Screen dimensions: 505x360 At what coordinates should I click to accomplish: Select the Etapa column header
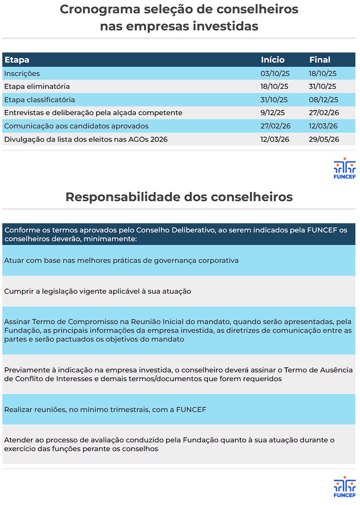point(17,60)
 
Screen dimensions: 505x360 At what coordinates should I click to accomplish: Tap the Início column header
point(273,60)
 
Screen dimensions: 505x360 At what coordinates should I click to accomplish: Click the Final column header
point(319,60)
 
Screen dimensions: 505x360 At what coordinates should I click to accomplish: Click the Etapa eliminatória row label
point(37,87)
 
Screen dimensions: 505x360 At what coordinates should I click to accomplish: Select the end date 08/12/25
point(324,100)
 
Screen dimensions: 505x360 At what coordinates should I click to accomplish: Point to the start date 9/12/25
point(273,113)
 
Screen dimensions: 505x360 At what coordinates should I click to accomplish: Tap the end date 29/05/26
point(324,139)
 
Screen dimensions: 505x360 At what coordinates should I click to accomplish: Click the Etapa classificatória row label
point(40,100)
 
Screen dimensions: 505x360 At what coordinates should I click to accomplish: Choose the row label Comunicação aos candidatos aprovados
point(76,126)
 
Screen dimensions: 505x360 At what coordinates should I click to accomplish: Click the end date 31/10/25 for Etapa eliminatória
point(323,87)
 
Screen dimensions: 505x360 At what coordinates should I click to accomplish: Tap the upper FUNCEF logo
point(344,168)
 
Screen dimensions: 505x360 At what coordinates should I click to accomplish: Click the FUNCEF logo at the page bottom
point(344,488)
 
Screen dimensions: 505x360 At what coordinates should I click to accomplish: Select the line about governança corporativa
point(121,261)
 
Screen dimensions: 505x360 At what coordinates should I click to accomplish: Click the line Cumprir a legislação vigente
point(98,291)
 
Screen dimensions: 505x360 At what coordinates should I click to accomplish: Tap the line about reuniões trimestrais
point(105,409)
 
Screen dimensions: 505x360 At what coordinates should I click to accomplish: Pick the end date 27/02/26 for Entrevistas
point(324,113)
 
